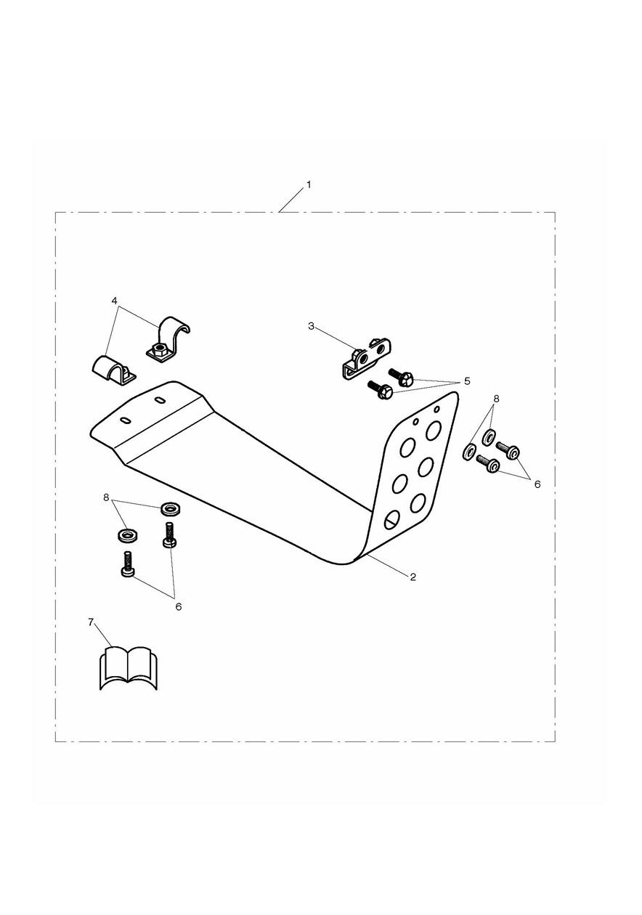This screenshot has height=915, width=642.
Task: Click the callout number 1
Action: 309,185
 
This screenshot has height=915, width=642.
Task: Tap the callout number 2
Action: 413,577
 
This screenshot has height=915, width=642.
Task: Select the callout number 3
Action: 312,326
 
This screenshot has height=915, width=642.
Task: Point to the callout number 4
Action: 114,300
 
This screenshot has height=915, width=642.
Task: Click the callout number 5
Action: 467,381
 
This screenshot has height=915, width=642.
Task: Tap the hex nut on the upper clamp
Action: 157,349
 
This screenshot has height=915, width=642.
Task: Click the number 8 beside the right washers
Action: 496,398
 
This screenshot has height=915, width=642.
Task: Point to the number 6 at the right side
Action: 537,484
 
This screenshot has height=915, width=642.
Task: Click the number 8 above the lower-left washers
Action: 106,497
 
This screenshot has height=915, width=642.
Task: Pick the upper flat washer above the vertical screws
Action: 171,509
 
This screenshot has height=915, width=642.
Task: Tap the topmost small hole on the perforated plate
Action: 436,408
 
